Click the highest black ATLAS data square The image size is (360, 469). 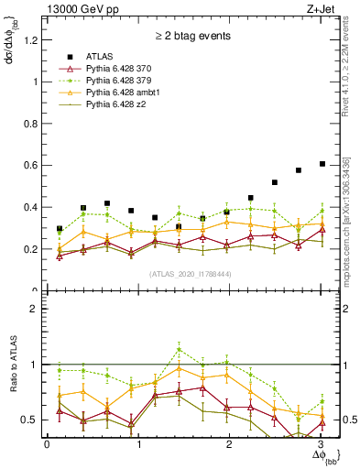(322, 164)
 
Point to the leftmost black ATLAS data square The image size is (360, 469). (60, 228)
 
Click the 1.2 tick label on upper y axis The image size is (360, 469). (32, 39)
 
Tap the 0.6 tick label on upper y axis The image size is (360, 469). (32, 165)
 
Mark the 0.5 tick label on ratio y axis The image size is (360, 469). (32, 420)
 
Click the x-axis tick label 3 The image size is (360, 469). (322, 445)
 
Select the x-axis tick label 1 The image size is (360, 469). (138, 445)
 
